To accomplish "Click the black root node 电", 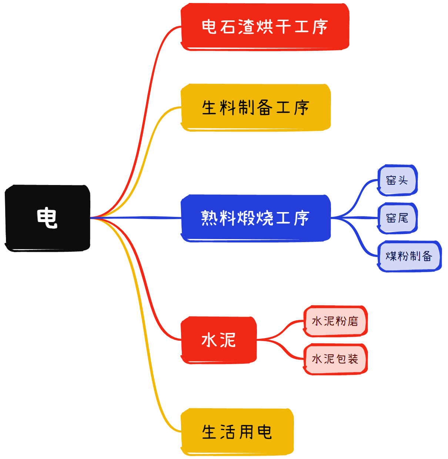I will [x=47, y=218].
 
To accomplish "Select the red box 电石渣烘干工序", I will [x=265, y=27].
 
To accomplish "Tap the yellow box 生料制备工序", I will [x=255, y=108].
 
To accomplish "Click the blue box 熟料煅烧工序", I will [x=255, y=218].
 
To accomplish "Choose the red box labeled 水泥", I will [x=218, y=340].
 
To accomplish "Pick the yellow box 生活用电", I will [x=237, y=432].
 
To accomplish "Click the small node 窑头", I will [x=397, y=180].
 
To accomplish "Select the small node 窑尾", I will [x=397, y=218].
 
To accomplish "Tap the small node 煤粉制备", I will [x=409, y=256].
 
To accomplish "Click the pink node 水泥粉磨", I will [x=335, y=321].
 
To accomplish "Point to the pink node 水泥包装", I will [x=335, y=359].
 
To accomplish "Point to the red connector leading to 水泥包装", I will [x=285, y=350].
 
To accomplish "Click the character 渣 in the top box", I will [x=246, y=27].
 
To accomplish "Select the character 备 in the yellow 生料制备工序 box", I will [x=264, y=108].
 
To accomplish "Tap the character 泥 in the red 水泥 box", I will [x=227, y=340].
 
